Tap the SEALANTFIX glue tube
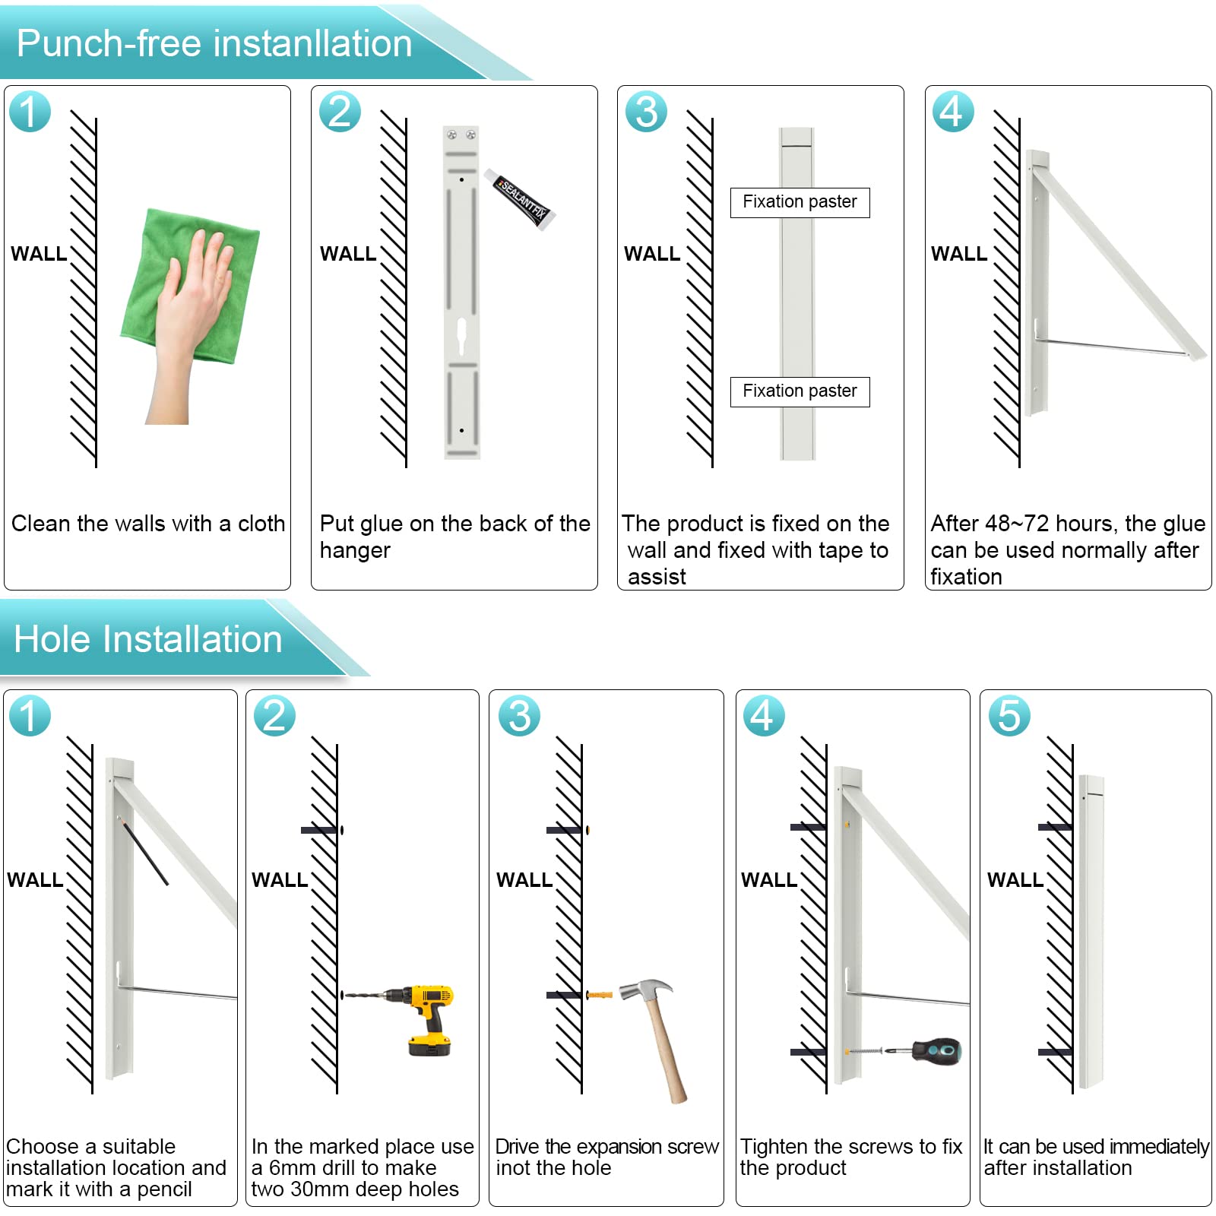click(x=521, y=198)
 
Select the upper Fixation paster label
click(x=800, y=202)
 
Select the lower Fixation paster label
click(x=800, y=391)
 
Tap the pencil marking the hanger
click(x=143, y=850)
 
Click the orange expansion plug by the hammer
click(x=600, y=994)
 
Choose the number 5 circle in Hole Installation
click(x=1009, y=715)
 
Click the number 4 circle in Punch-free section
click(x=952, y=111)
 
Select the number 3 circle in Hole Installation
click(x=519, y=715)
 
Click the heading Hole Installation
click(x=148, y=639)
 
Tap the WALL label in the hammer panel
click(x=524, y=880)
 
